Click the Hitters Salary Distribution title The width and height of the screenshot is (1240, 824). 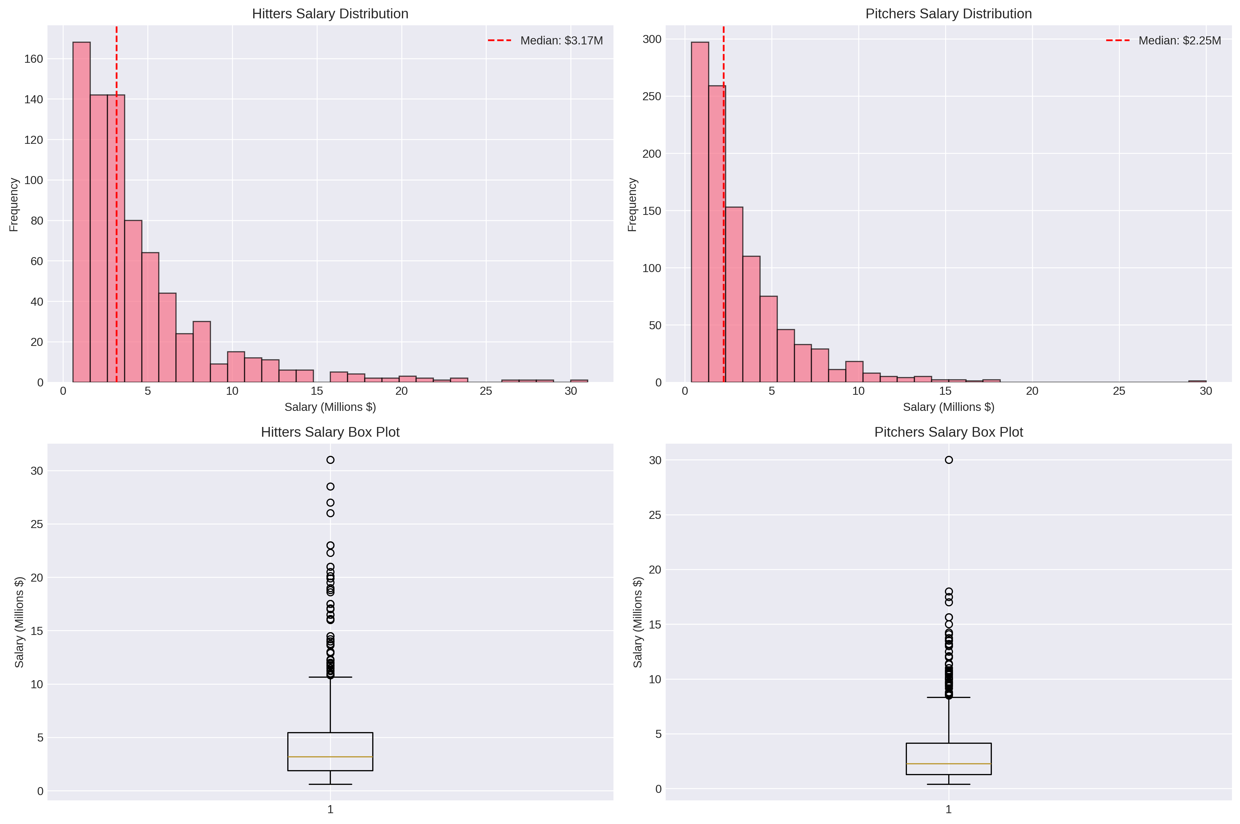330,14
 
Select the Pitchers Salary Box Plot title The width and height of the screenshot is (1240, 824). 948,432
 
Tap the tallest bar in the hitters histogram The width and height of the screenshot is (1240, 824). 81,210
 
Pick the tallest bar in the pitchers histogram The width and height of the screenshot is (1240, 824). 699,210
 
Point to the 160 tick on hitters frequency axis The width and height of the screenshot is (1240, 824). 34,59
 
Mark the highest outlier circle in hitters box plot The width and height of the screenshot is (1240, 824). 330,460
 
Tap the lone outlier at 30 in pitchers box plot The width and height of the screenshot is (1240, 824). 948,460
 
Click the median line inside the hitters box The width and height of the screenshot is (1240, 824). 330,757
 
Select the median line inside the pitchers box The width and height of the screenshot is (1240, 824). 948,763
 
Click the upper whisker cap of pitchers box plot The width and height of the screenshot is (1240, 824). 948,697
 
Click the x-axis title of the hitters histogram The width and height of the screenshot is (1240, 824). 330,407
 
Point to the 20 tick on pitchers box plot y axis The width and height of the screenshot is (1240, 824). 655,570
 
